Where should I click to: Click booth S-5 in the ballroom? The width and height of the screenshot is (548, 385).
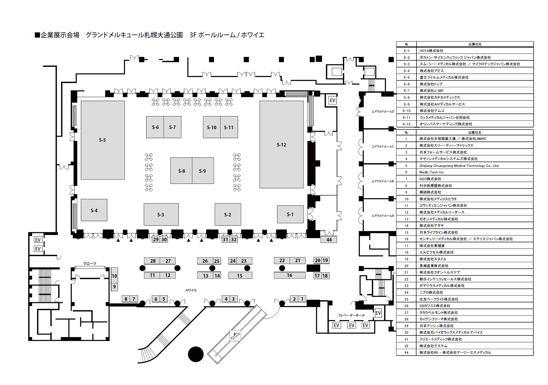coord(102,140)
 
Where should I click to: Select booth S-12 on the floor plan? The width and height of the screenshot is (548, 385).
coord(281,145)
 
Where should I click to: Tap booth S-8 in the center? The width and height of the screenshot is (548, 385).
coord(181,171)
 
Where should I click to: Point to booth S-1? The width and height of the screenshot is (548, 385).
coord(290,214)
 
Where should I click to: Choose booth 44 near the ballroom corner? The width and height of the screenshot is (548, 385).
coord(329,240)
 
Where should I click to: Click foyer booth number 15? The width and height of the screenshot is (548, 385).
coord(240,276)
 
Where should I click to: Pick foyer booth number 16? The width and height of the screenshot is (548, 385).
coord(290,275)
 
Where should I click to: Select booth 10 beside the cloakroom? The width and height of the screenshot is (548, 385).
coord(115,276)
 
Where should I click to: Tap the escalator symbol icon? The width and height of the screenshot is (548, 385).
coord(235,335)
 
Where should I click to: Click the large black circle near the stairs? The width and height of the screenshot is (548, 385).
coord(196,354)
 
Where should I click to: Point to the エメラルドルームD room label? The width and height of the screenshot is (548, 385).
coord(383,112)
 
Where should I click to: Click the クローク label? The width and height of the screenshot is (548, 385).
coord(90,264)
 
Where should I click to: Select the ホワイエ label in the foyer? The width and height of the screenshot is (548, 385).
coord(191,290)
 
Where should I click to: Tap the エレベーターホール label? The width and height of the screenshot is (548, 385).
coord(351,315)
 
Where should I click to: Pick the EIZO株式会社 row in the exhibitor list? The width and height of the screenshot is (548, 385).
coord(430,179)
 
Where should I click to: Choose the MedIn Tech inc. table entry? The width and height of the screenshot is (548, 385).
coord(432,172)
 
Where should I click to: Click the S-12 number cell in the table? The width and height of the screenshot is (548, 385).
coord(406,124)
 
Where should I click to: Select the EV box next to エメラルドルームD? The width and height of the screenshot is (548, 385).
coord(332,100)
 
